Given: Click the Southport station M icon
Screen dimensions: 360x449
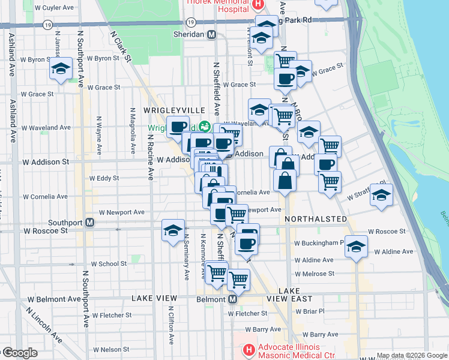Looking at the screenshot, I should click(89, 223).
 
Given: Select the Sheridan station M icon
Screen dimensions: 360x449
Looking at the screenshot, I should click(211, 35).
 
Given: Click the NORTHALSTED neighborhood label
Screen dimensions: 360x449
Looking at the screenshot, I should click(316, 219).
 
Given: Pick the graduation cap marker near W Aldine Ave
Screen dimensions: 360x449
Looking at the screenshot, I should click(356, 247).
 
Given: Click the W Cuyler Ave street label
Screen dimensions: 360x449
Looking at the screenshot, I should click(54, 8).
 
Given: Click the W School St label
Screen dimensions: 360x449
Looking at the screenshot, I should click(109, 263).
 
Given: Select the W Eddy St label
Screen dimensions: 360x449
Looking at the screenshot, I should click(104, 178).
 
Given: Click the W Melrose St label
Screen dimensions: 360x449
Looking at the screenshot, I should click(315, 274).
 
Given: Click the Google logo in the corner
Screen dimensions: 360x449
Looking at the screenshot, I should click(20, 353).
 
